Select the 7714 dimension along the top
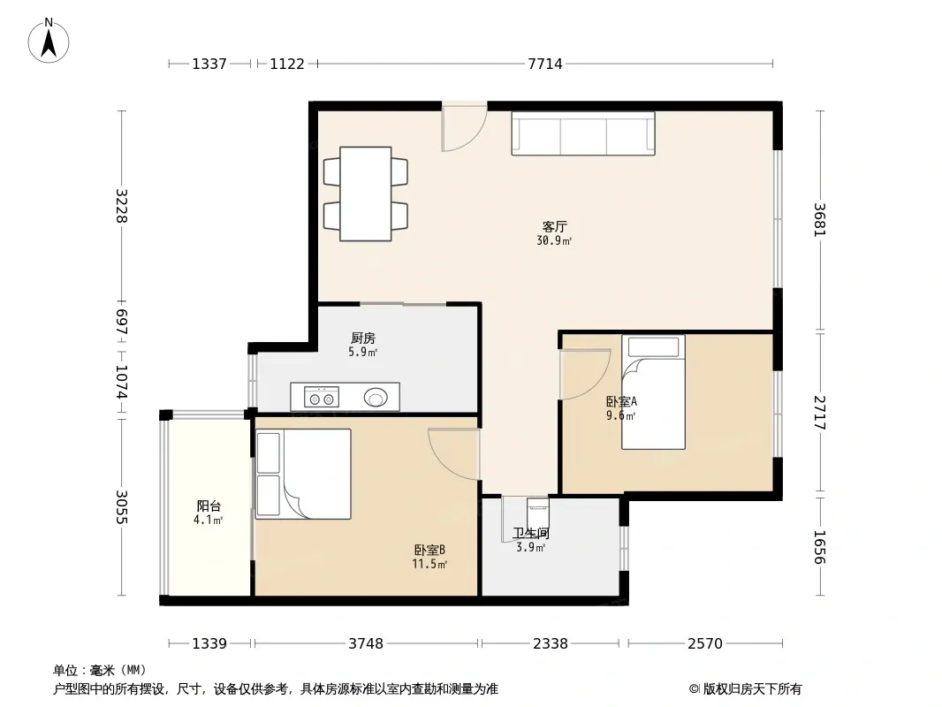point(545,64)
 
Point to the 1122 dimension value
point(287,64)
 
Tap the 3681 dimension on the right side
point(820,220)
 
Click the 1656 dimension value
point(820,547)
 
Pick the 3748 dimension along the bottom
point(366,644)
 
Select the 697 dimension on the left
point(121,322)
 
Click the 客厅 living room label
point(554,226)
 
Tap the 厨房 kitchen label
point(363,338)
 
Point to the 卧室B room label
point(429,550)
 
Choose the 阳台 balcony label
point(209,506)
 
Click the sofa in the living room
point(583,133)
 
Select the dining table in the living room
point(366,194)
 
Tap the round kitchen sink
point(376,397)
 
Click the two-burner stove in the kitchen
point(322,397)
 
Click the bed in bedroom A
point(654,392)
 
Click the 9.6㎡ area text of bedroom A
point(620,415)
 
